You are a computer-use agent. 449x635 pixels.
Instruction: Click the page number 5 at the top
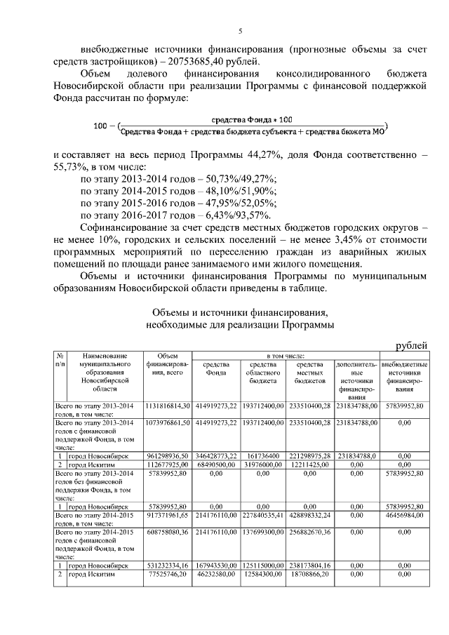[x=240, y=31]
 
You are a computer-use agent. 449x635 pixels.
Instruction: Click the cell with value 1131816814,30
[x=167, y=406]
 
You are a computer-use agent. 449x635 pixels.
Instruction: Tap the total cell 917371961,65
[x=167, y=515]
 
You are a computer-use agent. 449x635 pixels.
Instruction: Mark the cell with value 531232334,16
[x=167, y=565]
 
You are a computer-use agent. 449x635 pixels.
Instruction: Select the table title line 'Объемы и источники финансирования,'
[x=239, y=312]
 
